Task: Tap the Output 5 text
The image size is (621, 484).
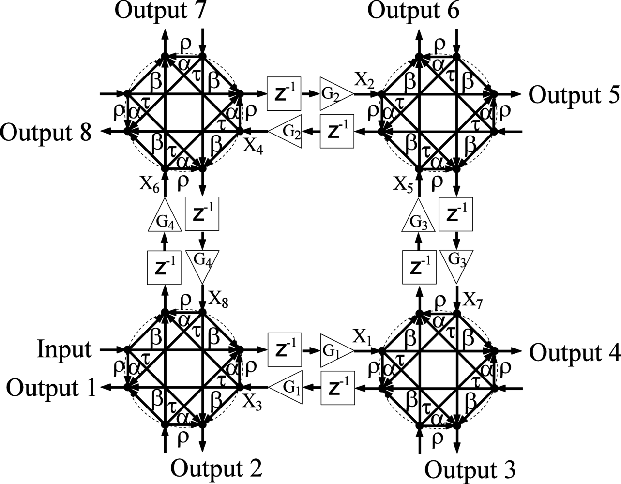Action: (x=574, y=95)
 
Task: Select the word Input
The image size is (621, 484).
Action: (x=64, y=349)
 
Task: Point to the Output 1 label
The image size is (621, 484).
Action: (x=51, y=388)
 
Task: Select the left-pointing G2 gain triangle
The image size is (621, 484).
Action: (x=287, y=130)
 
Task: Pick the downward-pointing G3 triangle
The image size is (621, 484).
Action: (x=456, y=264)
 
